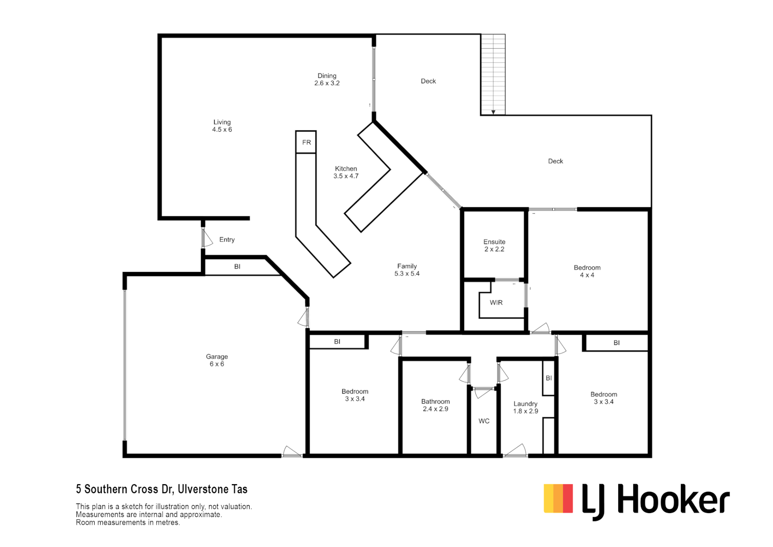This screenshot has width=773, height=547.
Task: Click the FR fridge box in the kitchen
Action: click(306, 142)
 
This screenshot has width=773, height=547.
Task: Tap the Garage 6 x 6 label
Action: click(217, 360)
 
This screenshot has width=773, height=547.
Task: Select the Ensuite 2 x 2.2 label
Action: click(494, 245)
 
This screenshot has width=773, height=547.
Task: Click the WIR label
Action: click(496, 302)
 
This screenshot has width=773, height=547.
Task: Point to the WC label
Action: click(484, 421)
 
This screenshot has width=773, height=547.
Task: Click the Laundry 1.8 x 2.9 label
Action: click(525, 407)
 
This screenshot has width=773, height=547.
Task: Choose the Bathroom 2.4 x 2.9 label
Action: click(435, 405)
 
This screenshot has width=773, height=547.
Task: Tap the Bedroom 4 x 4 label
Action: click(587, 271)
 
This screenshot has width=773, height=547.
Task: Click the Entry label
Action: click(227, 240)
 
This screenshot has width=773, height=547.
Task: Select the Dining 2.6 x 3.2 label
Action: click(327, 80)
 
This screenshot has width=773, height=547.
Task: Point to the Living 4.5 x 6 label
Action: click(222, 126)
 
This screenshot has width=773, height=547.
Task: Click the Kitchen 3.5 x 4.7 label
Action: click(346, 172)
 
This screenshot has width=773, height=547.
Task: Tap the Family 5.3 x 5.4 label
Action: click(407, 269)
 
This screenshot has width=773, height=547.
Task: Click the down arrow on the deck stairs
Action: click(493, 112)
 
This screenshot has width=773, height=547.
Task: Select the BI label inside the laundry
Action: click(549, 378)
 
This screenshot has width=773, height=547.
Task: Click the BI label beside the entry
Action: click(237, 266)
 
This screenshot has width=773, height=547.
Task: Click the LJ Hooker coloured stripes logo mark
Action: click(558, 498)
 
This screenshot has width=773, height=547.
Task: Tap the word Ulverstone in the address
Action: click(202, 489)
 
